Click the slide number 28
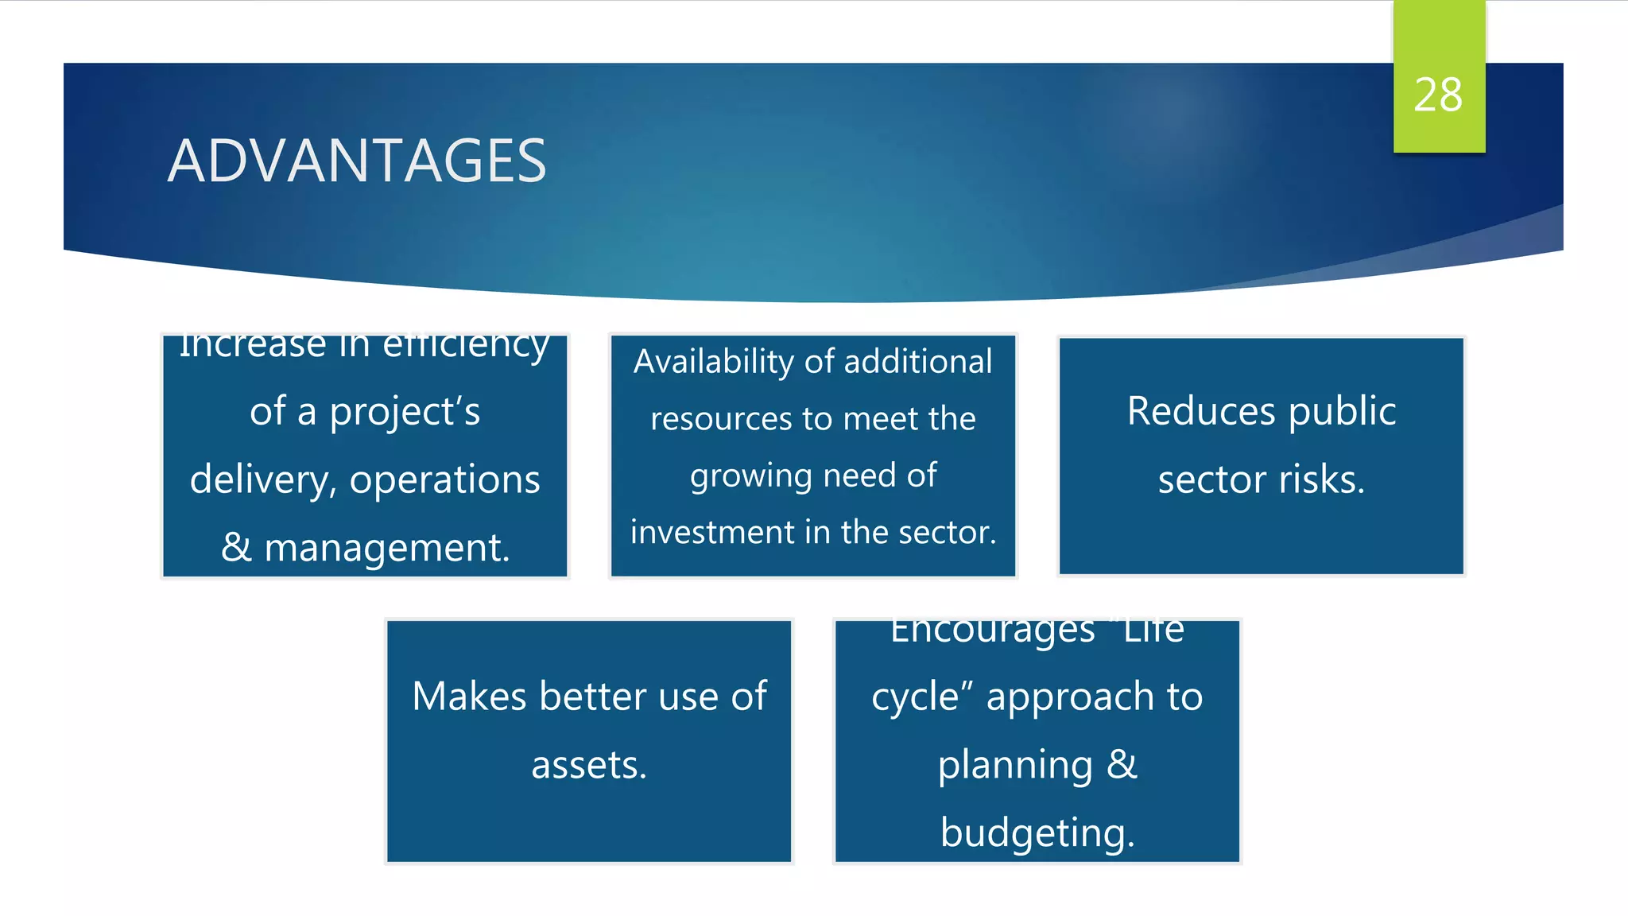tap(1438, 95)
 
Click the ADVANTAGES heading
tap(357, 161)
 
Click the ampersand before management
tap(236, 547)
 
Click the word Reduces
tap(1200, 412)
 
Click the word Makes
tap(469, 697)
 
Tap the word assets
tap(589, 765)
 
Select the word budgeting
tap(1037, 833)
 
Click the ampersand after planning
tap(1122, 764)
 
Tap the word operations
tap(444, 480)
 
